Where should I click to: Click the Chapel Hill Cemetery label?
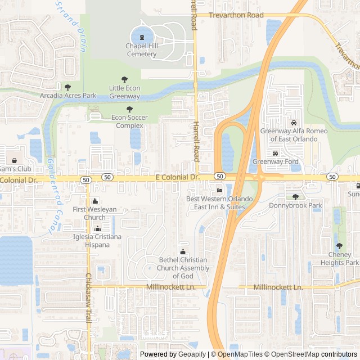(x=141, y=50)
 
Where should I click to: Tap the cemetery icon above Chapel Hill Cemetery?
(x=141, y=37)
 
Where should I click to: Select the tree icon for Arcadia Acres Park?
(x=68, y=87)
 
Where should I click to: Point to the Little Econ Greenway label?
(x=124, y=92)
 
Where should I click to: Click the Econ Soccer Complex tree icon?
(x=130, y=109)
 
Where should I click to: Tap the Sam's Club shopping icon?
(x=14, y=160)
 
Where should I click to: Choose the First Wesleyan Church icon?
(x=94, y=201)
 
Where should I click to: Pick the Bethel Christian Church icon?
(x=183, y=251)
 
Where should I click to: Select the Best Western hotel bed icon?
(x=219, y=191)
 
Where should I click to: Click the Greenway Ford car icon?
(x=275, y=153)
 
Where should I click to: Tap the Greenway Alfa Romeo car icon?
(x=293, y=123)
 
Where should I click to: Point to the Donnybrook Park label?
(x=295, y=205)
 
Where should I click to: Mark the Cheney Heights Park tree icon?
(x=339, y=246)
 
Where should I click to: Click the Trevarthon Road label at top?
(x=236, y=16)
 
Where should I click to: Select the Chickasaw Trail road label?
(x=88, y=298)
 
